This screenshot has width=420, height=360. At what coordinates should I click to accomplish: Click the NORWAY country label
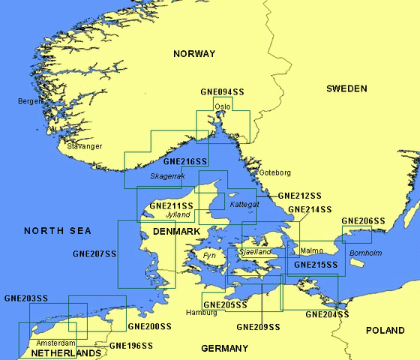pos(193,54)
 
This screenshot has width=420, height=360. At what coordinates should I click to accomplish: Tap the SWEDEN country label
pos(346,88)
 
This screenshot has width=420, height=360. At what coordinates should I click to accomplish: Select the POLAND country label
pos(385,331)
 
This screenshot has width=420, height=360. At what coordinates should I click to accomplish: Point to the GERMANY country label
pos(224,349)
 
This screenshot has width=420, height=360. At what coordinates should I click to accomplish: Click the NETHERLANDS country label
pos(66,353)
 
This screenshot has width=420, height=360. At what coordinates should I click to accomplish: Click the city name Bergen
pos(31,100)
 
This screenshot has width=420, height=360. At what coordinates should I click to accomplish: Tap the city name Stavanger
pos(84,146)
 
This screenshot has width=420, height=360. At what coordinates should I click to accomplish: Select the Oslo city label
pos(223,106)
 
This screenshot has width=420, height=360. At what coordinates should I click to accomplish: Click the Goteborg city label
pos(274,172)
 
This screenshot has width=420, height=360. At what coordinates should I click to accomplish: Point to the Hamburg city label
pos(202,312)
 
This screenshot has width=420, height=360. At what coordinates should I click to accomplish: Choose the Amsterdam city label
pos(55,343)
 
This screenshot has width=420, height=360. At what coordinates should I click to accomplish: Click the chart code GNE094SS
pos(222,92)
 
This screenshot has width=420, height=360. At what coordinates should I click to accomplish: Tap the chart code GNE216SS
pos(184,161)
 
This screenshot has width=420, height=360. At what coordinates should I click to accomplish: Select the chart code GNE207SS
pos(94,254)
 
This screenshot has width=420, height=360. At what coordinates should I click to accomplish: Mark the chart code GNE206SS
pos(363,221)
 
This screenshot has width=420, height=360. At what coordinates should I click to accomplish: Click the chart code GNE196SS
pos(131,346)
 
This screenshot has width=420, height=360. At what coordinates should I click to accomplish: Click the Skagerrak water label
pos(167,176)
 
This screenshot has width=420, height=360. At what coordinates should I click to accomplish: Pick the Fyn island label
pos(209,256)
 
